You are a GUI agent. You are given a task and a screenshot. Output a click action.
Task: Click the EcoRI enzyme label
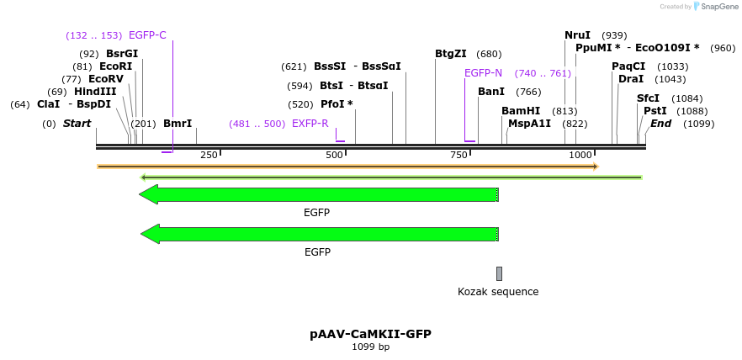pos(115,66)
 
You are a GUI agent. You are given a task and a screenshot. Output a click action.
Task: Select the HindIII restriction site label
pos(95,92)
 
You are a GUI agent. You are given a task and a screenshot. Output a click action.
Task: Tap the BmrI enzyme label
pos(178,124)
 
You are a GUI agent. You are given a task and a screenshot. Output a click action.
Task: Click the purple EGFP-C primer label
pos(147,35)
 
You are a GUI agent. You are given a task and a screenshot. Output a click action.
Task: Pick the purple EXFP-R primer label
pos(310,124)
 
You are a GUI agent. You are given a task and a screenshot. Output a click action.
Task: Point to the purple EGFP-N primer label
pos(483,73)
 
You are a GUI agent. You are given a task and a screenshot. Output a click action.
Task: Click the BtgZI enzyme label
pos(451,54)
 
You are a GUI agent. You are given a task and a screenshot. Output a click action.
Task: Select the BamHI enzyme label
pos(521,111)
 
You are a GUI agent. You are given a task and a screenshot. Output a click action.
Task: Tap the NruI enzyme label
pos(577,35)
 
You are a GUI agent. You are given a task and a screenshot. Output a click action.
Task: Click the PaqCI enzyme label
pos(628,66)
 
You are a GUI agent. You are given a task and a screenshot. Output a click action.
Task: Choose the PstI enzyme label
pos(655,111)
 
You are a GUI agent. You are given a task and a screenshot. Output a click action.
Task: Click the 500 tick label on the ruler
pos(334,155)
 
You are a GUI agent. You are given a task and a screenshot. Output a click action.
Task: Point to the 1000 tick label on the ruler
pos(580,155)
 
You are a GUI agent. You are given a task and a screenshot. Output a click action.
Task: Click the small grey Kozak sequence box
pos(499,273)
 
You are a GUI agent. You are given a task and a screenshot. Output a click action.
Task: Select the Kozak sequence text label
pos(498,292)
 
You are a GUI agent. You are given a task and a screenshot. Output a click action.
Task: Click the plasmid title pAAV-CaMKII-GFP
pos(370,334)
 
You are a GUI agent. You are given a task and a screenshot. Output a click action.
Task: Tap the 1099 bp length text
pos(370,347)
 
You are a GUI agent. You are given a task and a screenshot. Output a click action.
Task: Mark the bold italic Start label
pos(77,124)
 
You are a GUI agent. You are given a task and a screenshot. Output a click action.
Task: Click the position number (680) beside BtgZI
pos(489,54)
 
